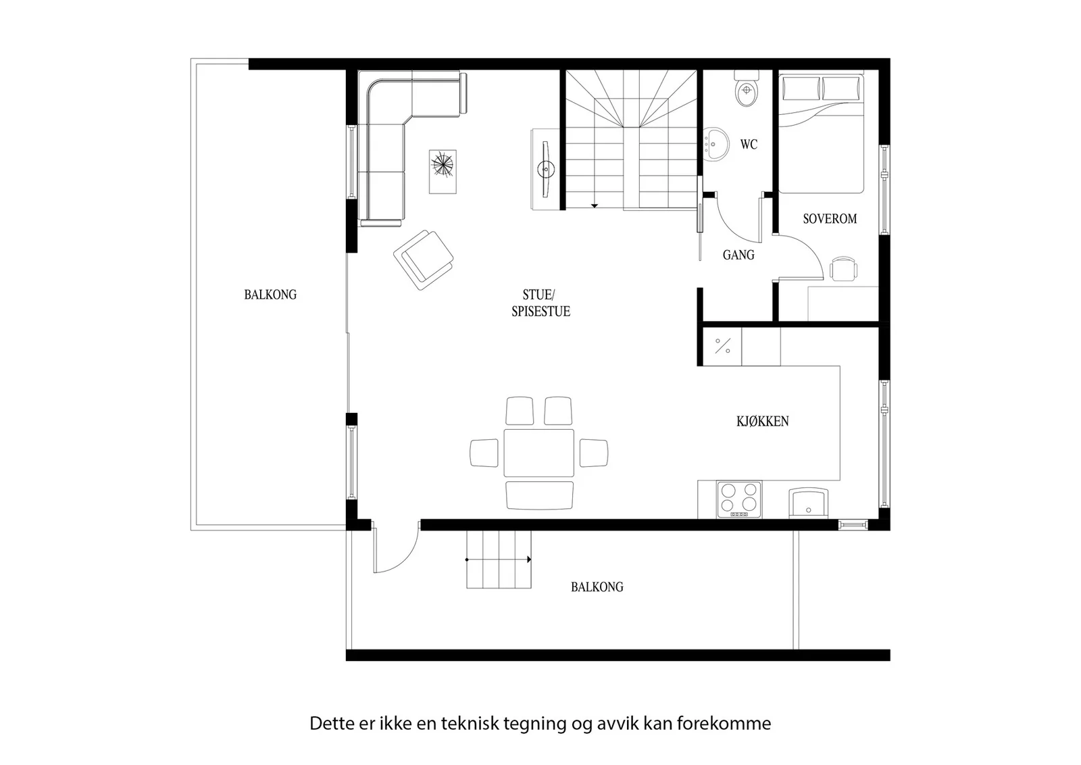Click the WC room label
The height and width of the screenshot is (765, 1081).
coord(749,145)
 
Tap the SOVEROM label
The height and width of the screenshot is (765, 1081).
coord(830,219)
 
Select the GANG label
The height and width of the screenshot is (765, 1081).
coord(738,255)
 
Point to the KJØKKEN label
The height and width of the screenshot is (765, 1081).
coord(763,421)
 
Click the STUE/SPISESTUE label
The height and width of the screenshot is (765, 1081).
coord(540,303)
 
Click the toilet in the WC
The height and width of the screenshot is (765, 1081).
coord(747,89)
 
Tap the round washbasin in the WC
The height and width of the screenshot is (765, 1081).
coord(715,145)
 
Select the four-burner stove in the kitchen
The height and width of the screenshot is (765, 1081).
coord(739,499)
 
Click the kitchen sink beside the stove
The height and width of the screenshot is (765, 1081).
coord(809,503)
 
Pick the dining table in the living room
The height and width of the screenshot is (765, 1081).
coord(539,453)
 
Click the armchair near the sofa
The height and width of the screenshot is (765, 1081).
coord(423,260)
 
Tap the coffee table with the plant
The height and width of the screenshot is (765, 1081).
coord(443,172)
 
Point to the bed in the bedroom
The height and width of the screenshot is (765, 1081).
coord(821,134)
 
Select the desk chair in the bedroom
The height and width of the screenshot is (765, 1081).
coord(844,268)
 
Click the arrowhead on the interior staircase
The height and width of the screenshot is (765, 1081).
coord(595,206)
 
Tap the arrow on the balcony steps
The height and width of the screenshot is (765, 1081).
coord(499,560)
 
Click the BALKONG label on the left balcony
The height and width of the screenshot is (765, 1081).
coord(270,295)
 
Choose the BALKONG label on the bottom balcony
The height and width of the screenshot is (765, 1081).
coord(597,587)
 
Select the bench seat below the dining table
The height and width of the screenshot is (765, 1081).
coord(540,495)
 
